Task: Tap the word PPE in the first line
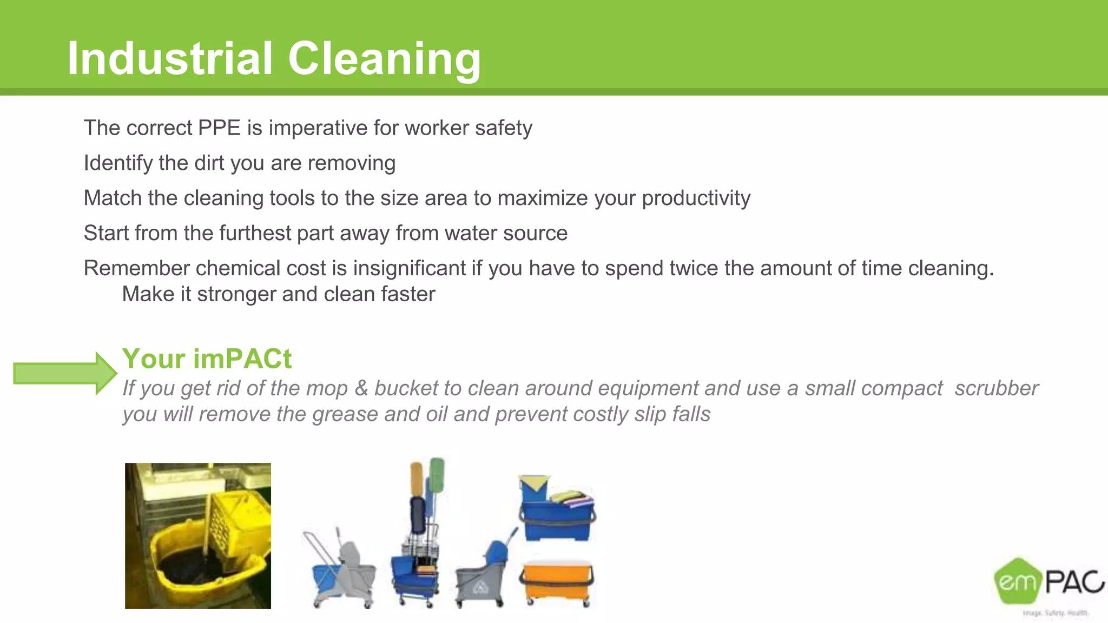click(219, 128)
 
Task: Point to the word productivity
click(696, 198)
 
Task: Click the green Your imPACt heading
click(207, 359)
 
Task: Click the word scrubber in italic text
click(996, 388)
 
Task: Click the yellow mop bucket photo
click(198, 535)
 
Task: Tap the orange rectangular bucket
click(557, 582)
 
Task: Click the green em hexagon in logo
click(1018, 581)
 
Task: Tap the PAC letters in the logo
click(1074, 582)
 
